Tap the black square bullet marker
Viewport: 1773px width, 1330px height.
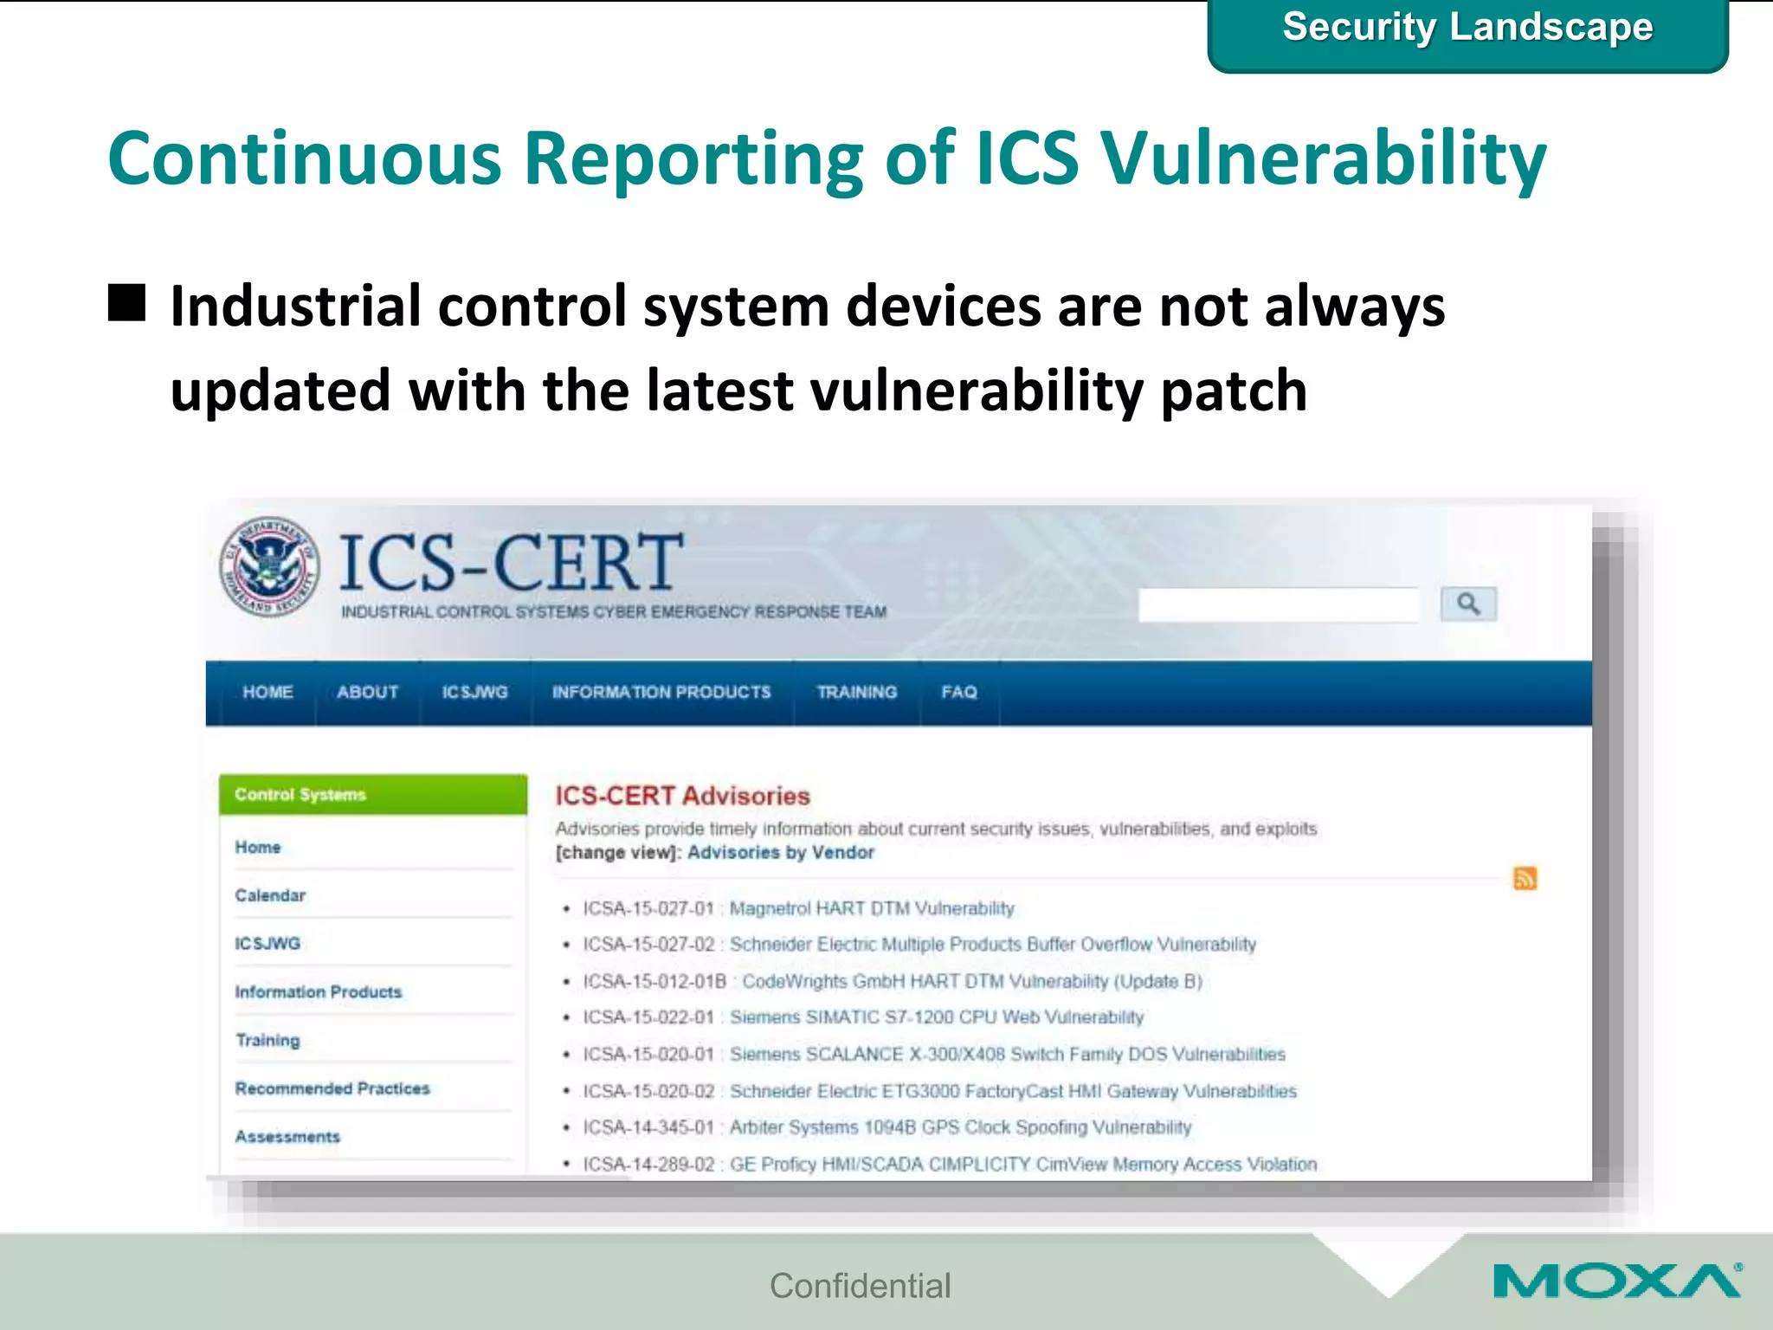pyautogui.click(x=127, y=303)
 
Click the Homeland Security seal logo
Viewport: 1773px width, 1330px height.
pyautogui.click(x=269, y=567)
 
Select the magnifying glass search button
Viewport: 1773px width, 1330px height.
pyautogui.click(x=1467, y=604)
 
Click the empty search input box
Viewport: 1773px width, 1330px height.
pyautogui.click(x=1278, y=604)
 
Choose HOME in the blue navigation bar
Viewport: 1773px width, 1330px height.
pyautogui.click(x=268, y=693)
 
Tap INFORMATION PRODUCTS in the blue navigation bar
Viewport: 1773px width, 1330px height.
pyautogui.click(x=661, y=693)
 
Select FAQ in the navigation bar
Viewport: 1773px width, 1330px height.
pyautogui.click(x=959, y=693)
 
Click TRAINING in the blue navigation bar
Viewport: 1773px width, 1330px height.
pyautogui.click(x=856, y=693)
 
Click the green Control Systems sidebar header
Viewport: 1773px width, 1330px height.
pyautogui.click(x=372, y=794)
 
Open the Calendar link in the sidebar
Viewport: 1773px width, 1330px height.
pyautogui.click(x=270, y=895)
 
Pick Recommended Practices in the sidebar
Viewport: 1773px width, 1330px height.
pyautogui.click(x=332, y=1088)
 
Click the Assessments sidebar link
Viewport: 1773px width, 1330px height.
pyautogui.click(x=287, y=1137)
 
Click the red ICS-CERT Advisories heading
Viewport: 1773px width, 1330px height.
pyautogui.click(x=682, y=796)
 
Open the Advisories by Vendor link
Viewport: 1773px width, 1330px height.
pyautogui.click(x=781, y=853)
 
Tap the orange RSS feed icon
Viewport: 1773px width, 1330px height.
pyautogui.click(x=1525, y=878)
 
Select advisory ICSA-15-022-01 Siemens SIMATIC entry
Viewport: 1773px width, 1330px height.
pyautogui.click(x=862, y=1017)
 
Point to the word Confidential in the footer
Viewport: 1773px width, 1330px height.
pyautogui.click(x=860, y=1286)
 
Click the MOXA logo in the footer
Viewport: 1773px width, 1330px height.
pyautogui.click(x=1616, y=1282)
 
